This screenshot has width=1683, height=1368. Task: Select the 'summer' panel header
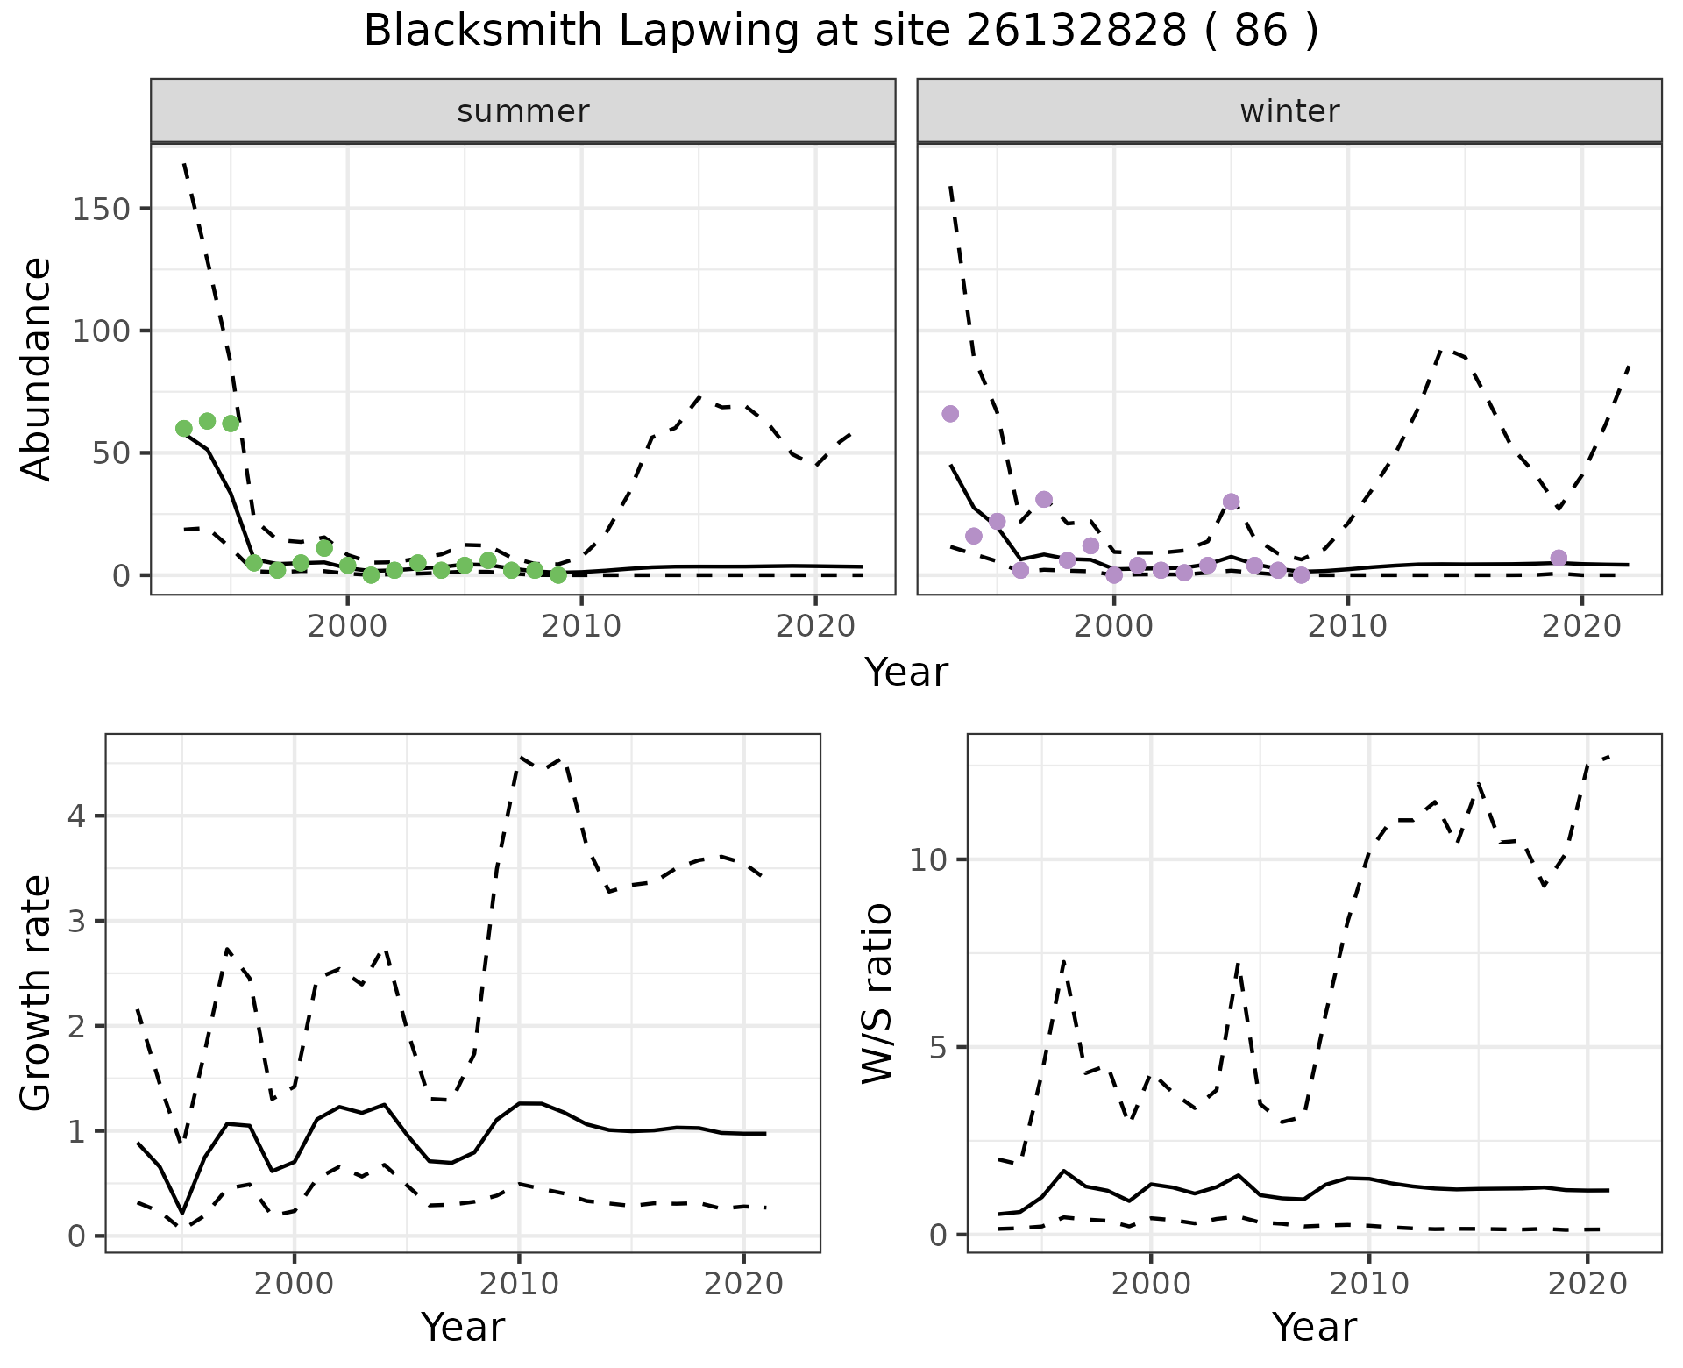click(x=523, y=111)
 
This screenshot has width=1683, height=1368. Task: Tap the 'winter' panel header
click(x=1289, y=111)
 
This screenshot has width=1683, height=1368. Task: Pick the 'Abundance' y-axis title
click(x=37, y=368)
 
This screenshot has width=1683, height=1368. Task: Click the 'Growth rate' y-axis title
click(x=37, y=993)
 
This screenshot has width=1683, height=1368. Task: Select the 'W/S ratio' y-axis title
click(x=877, y=993)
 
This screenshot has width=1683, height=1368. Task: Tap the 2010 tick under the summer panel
click(x=581, y=626)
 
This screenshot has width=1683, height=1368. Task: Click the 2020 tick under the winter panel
click(x=1582, y=626)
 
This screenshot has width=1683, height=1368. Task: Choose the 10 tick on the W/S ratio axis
click(x=928, y=860)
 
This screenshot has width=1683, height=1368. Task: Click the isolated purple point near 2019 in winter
click(x=1559, y=558)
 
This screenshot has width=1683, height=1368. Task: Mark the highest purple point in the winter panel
click(x=950, y=414)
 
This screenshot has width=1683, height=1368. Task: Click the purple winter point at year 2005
click(x=1232, y=502)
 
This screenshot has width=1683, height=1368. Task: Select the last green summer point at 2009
click(x=558, y=575)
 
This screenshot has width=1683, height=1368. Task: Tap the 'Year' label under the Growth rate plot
click(x=463, y=1327)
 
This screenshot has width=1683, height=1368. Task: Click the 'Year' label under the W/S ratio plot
click(x=1314, y=1327)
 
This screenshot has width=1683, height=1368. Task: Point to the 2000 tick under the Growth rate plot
click(x=295, y=1285)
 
